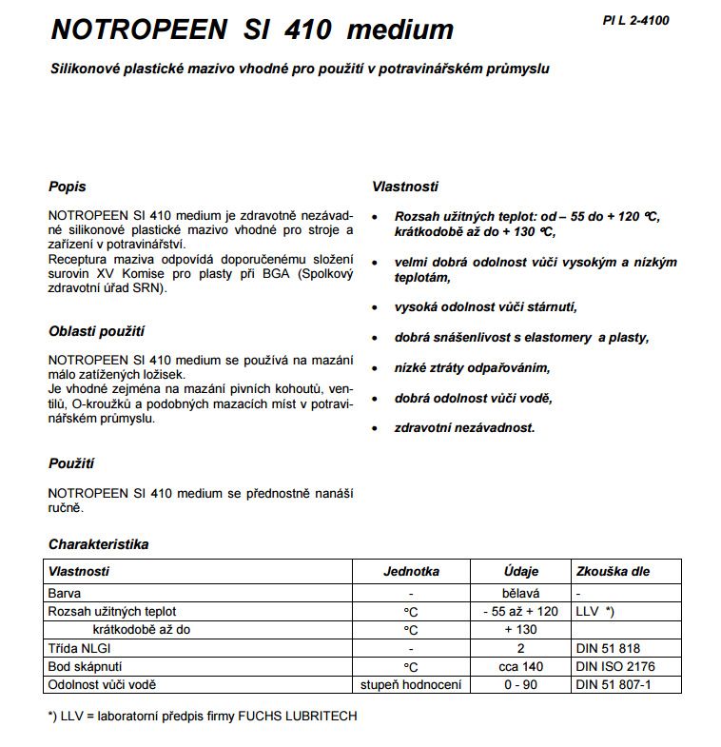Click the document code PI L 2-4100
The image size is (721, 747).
635,19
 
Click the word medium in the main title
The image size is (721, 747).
400,29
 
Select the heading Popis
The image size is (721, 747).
67,187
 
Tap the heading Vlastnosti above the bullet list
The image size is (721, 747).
405,187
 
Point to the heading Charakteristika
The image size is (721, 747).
98,545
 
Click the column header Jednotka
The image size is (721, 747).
411,572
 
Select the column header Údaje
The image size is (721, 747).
520,572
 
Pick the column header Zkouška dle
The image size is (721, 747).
613,572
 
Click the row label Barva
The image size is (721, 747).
64,593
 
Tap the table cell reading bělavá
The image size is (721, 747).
520,593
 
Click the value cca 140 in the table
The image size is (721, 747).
520,666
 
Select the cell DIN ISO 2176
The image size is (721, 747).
614,666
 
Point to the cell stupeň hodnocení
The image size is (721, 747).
411,685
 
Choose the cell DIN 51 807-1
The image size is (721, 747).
614,685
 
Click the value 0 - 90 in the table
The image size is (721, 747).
520,685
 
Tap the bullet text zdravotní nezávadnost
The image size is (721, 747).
464,428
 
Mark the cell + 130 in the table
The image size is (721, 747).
520,630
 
